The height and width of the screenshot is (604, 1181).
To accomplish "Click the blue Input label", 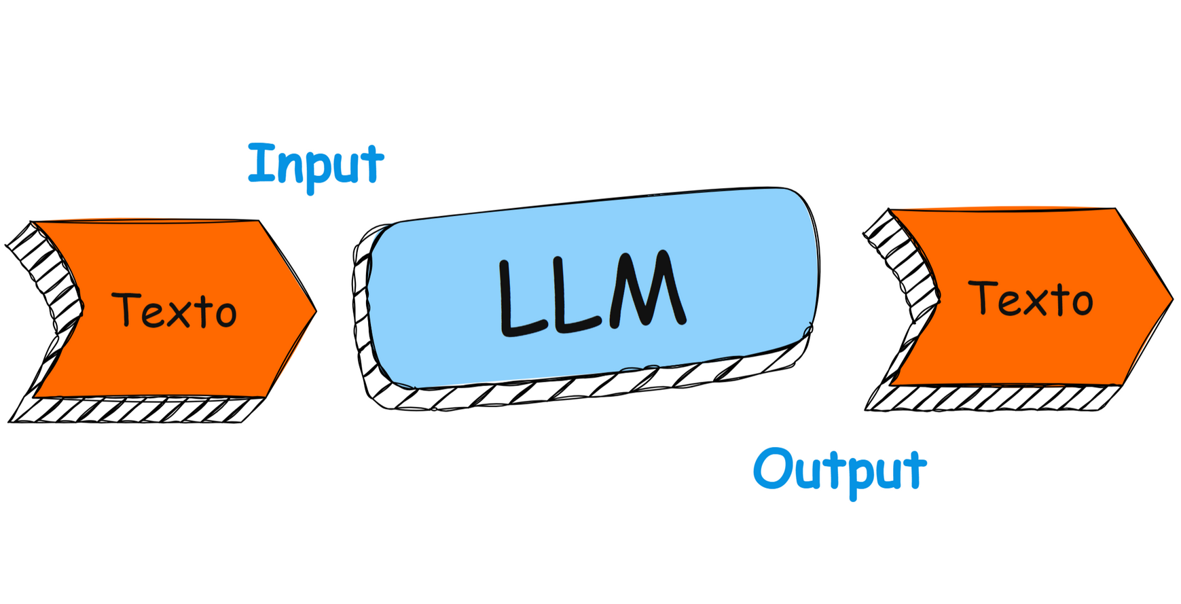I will (316, 164).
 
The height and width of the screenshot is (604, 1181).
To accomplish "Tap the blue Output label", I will (839, 469).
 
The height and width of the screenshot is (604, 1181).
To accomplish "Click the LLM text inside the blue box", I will (591, 294).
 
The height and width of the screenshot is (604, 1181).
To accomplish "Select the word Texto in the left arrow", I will (175, 310).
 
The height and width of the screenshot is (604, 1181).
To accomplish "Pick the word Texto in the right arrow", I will (1031, 299).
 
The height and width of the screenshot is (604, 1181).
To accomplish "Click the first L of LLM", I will (520, 299).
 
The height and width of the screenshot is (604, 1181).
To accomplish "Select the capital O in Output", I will (773, 468).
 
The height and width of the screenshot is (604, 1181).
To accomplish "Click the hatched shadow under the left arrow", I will (136, 410).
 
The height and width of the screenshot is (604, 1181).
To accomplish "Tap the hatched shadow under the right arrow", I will (992, 398).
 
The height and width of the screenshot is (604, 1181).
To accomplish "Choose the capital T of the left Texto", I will (126, 309).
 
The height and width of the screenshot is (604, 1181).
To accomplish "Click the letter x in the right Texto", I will (1036, 301).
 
